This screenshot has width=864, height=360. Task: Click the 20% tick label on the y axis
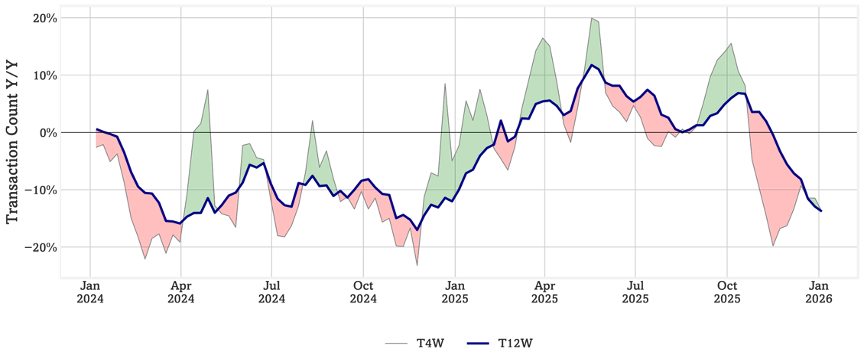(42, 18)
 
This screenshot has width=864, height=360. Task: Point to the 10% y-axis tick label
(42, 75)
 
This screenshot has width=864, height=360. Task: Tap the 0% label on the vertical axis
(45, 132)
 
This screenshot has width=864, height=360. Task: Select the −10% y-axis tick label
(37, 190)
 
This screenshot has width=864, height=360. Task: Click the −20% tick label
(37, 247)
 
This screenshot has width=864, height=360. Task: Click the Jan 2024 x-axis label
(89, 293)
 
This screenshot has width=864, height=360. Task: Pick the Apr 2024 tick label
(181, 293)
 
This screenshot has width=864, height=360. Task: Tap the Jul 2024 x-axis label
(272, 293)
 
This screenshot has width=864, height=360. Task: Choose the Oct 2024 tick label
(363, 293)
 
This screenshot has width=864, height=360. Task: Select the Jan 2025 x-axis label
(455, 293)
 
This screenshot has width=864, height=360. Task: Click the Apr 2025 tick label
(545, 293)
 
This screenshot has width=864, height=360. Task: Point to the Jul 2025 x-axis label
(636, 293)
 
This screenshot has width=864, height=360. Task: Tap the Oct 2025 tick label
(727, 293)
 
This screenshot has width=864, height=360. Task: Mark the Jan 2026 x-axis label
(819, 293)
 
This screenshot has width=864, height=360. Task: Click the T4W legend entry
(414, 343)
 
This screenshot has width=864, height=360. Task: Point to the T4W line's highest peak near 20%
(591, 18)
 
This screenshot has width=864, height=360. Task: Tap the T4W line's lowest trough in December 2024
(417, 265)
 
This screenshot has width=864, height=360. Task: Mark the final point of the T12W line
(821, 211)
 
